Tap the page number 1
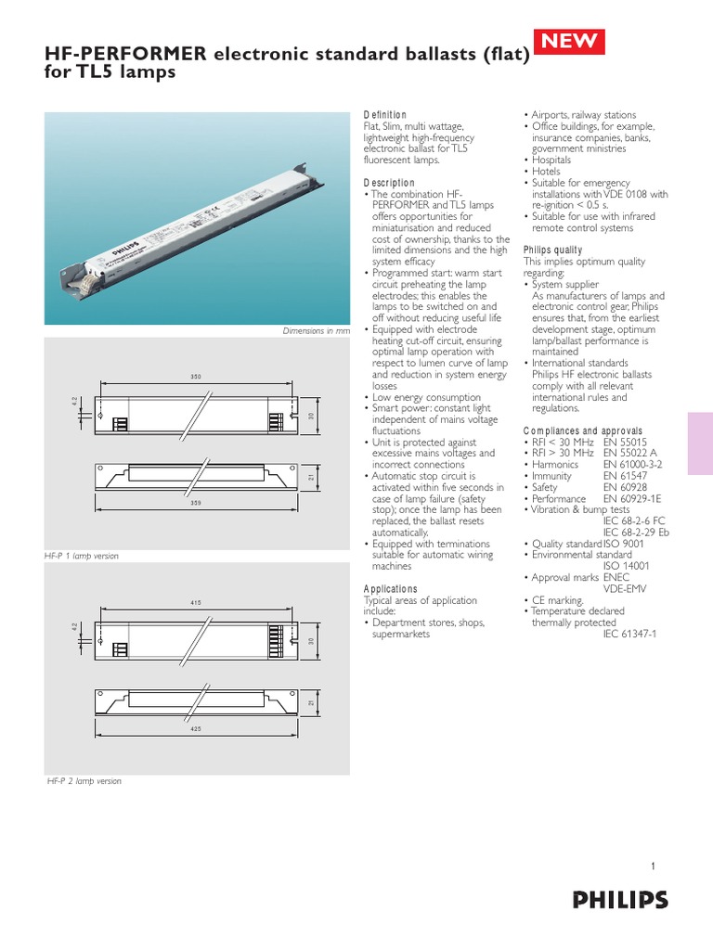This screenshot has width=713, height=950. tap(654, 867)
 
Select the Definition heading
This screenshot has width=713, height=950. tap(384, 114)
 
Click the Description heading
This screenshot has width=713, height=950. tap(389, 183)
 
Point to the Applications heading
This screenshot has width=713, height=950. tap(390, 589)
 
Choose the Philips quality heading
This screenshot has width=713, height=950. tap(553, 250)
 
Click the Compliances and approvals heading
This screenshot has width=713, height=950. tap(583, 431)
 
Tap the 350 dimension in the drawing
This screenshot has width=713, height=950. tap(196, 376)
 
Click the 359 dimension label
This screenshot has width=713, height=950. tap(196, 504)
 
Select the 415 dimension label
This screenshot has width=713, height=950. tap(196, 604)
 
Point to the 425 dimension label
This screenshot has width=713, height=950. tap(196, 729)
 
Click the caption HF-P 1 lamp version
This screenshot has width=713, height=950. tap(84, 556)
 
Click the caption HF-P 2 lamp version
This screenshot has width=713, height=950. tap(84, 781)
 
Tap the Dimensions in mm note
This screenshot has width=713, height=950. tap(318, 331)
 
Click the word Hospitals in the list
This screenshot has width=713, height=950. tap(551, 160)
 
